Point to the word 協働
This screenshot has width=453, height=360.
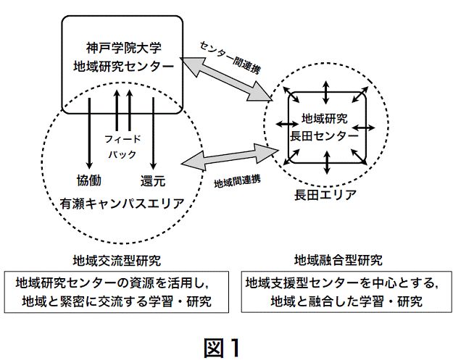click(x=88, y=179)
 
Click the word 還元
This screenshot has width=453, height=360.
click(x=152, y=179)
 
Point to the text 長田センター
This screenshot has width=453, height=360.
click(x=324, y=135)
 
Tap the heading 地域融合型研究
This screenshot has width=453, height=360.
click(x=338, y=259)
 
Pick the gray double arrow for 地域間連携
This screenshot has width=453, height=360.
click(x=230, y=157)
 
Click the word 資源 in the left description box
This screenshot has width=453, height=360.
click(x=142, y=282)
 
